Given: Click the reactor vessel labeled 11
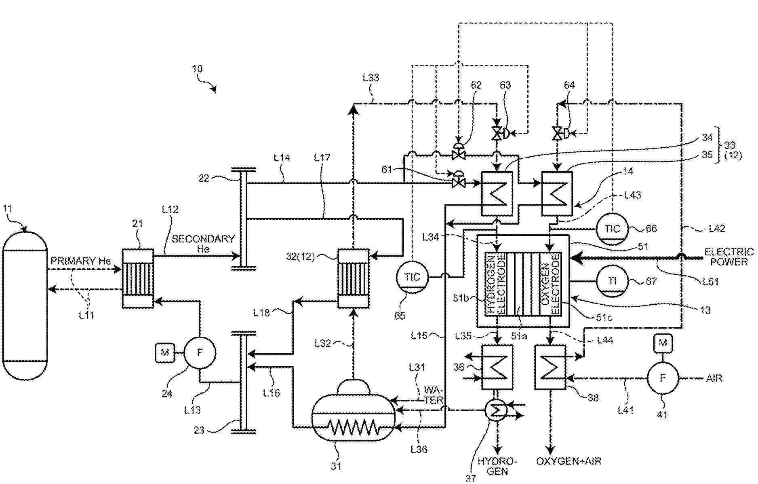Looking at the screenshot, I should [x=25, y=306].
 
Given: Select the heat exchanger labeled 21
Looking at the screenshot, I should [x=138, y=278].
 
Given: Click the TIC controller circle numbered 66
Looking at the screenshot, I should [x=612, y=229].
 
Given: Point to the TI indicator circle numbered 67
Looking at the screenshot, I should [x=612, y=281].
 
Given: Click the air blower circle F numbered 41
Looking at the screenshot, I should [x=663, y=378].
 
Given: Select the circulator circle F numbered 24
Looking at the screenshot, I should [x=200, y=352].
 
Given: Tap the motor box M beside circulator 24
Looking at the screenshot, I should [x=165, y=352].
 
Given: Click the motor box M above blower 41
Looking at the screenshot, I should [x=663, y=344].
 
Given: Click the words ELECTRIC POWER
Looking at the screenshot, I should [x=729, y=257].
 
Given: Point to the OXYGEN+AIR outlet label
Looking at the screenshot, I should [x=568, y=461].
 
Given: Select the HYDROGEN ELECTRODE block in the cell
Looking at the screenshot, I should [x=495, y=285].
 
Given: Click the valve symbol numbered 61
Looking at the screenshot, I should [x=458, y=181].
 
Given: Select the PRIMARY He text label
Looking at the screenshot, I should [x=80, y=261].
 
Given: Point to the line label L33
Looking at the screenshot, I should [x=371, y=77].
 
